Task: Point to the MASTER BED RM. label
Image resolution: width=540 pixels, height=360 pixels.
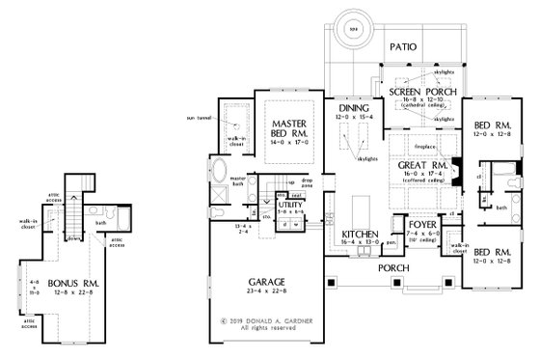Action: point(288,125)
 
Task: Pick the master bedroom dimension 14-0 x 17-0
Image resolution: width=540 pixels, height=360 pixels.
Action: point(288,141)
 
